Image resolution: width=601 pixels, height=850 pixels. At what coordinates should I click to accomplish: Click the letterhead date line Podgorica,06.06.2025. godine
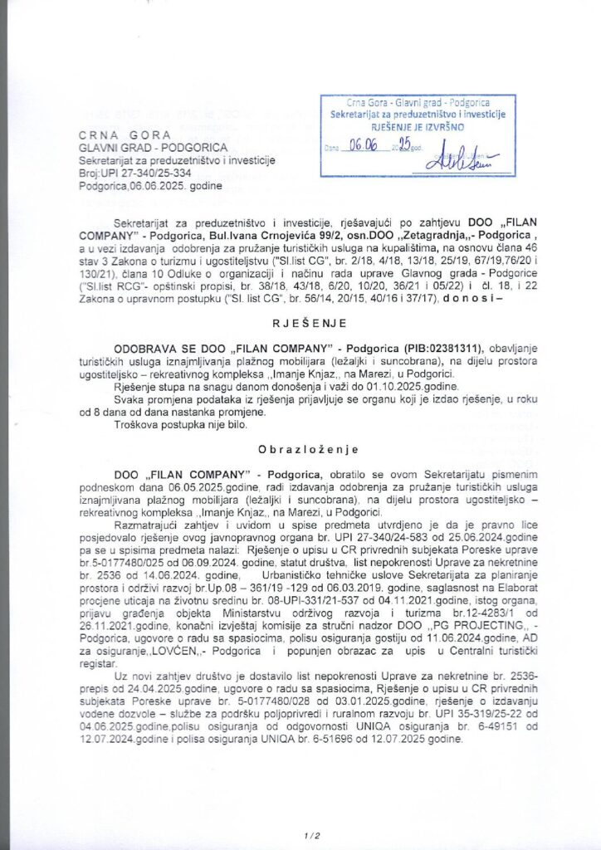(x=158, y=187)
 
